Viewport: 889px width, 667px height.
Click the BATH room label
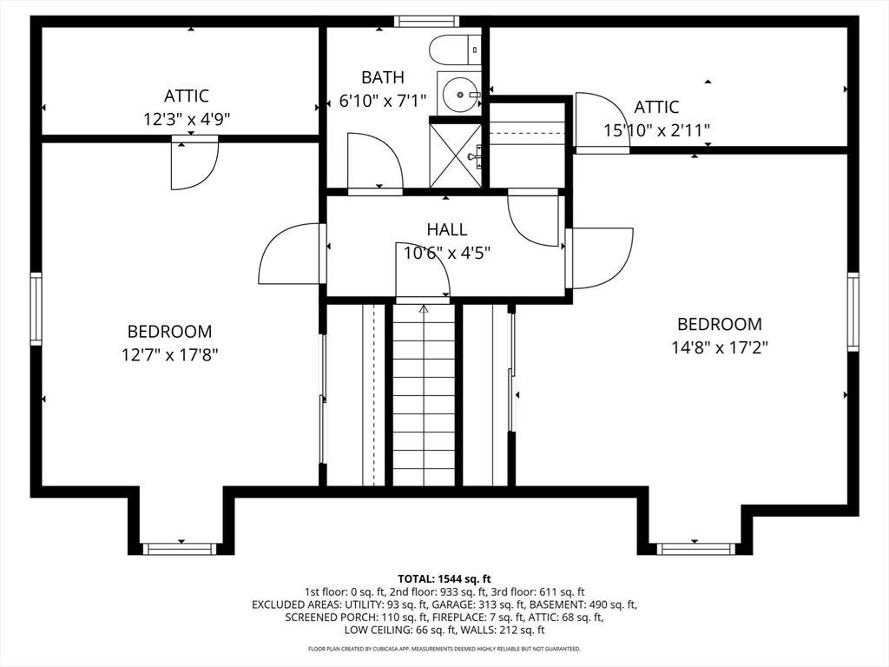click(383, 77)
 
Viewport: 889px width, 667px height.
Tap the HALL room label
click(447, 229)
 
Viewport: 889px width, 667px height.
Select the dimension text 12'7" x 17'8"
click(170, 355)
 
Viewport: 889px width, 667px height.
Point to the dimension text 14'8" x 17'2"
click(720, 347)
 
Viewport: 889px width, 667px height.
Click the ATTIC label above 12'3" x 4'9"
click(187, 96)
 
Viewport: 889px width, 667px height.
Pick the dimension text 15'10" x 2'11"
click(656, 131)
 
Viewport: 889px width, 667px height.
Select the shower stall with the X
click(455, 155)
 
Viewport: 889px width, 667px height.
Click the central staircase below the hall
click(424, 395)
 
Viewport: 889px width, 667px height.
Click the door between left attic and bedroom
click(194, 162)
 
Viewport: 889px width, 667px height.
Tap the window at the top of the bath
click(427, 22)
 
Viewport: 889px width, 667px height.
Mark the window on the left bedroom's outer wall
click(36, 308)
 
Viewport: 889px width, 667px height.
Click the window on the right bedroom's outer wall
click(853, 312)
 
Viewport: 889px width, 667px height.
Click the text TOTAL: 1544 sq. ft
click(444, 579)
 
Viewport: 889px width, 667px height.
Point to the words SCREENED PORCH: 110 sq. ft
click(355, 617)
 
